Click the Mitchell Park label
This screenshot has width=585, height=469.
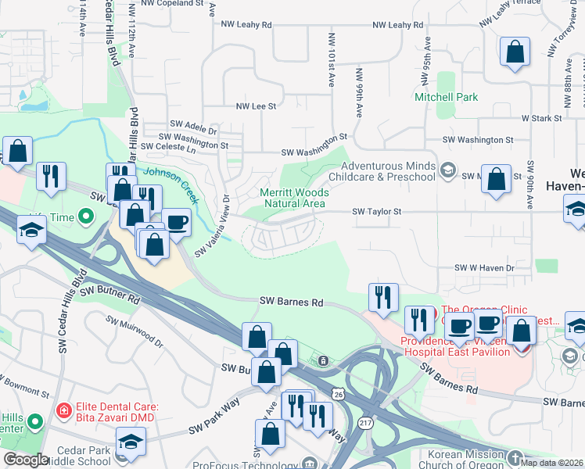446,97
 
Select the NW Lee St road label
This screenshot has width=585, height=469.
257,106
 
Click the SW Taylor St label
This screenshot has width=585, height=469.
376,211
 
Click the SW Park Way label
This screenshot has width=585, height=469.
213,428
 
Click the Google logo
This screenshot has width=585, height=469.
26,460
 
